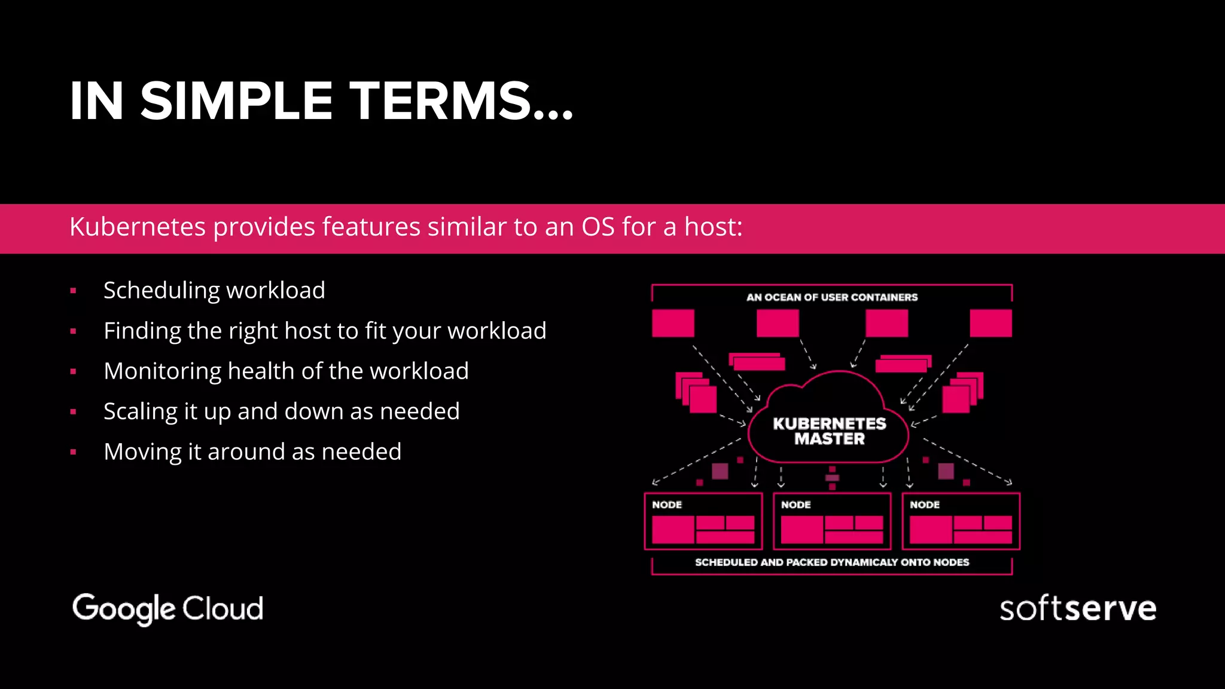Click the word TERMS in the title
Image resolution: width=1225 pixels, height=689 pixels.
click(440, 101)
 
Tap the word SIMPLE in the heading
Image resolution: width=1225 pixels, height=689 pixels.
click(236, 101)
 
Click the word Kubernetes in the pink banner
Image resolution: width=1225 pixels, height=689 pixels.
click(138, 227)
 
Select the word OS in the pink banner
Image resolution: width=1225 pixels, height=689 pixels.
click(598, 227)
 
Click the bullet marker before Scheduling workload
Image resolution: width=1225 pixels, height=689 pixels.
click(73, 291)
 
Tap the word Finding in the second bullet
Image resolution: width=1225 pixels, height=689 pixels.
click(142, 331)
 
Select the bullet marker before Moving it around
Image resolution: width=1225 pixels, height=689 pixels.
click(73, 453)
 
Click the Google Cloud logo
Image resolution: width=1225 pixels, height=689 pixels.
click(167, 609)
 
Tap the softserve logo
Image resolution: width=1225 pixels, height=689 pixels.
click(1077, 609)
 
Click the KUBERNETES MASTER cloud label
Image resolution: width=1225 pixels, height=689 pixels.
click(829, 431)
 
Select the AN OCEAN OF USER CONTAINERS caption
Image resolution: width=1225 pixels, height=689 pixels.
click(831, 297)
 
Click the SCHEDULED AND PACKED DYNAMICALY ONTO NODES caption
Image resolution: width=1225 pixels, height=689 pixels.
click(831, 562)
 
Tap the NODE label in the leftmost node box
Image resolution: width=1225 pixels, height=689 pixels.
click(667, 505)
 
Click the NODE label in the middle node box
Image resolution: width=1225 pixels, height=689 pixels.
click(796, 505)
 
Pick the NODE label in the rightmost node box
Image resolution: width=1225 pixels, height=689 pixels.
click(925, 505)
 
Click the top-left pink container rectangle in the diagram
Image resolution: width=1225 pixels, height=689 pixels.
click(673, 324)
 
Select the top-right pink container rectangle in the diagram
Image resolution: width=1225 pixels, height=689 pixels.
click(991, 324)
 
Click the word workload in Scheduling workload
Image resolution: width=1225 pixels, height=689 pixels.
click(276, 291)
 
